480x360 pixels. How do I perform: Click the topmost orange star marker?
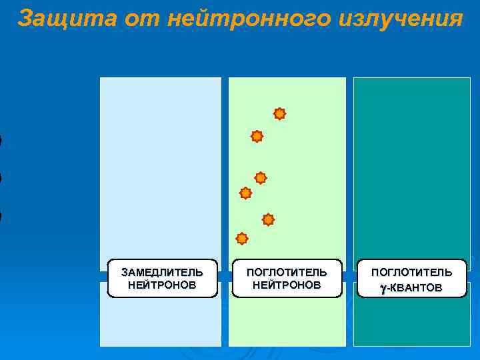click(x=280, y=114)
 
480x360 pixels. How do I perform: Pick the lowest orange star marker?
click(x=242, y=239)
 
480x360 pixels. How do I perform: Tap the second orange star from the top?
click(x=257, y=137)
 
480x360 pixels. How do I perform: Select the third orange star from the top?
click(x=261, y=178)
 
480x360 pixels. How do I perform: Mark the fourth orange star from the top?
click(x=245, y=193)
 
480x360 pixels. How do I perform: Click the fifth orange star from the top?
click(x=268, y=219)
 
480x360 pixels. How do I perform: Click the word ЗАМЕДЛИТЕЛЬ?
click(x=162, y=272)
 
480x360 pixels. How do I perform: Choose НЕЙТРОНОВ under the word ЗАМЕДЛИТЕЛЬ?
click(x=162, y=285)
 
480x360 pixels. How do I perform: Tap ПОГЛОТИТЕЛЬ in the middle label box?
click(x=287, y=272)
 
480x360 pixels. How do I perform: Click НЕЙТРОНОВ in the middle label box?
click(x=287, y=285)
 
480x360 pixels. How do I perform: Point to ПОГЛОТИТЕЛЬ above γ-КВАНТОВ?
click(x=411, y=272)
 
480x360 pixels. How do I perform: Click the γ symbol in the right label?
click(x=383, y=287)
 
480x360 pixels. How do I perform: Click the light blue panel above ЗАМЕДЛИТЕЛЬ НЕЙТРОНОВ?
click(x=161, y=167)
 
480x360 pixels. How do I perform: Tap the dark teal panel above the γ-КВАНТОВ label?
click(x=411, y=167)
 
